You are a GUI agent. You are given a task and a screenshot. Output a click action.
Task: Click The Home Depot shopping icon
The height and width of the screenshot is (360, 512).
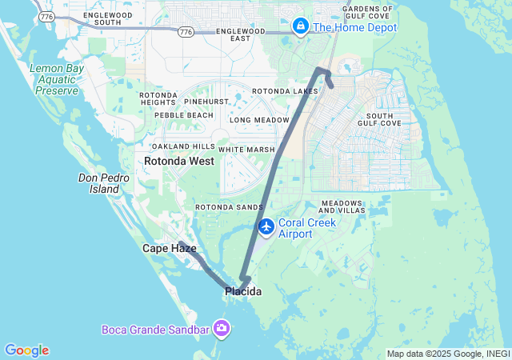(301, 26)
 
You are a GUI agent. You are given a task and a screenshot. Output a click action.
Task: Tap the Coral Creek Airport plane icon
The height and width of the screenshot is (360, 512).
(266, 227)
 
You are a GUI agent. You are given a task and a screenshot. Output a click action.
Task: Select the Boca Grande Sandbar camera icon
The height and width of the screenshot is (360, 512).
(222, 328)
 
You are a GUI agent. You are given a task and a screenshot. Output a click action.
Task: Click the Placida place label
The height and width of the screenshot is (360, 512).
(242, 292)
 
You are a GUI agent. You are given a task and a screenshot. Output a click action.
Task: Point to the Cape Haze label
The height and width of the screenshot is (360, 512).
(169, 249)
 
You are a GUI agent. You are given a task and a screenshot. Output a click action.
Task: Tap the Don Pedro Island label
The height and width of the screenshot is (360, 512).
(99, 183)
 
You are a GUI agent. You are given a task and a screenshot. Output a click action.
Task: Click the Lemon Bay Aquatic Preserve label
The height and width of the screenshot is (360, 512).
(55, 80)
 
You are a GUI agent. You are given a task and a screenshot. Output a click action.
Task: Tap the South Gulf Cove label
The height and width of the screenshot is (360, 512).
(380, 119)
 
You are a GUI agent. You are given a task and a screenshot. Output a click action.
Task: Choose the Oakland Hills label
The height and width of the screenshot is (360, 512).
(184, 146)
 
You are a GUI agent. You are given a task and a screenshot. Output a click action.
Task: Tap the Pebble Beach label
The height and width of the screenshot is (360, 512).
(184, 115)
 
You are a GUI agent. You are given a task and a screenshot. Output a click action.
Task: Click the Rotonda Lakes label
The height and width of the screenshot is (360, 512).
(285, 91)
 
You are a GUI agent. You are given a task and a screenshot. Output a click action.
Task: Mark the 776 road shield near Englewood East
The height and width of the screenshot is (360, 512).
(186, 31)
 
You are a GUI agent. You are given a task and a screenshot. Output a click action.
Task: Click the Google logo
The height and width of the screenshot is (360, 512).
(26, 350)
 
